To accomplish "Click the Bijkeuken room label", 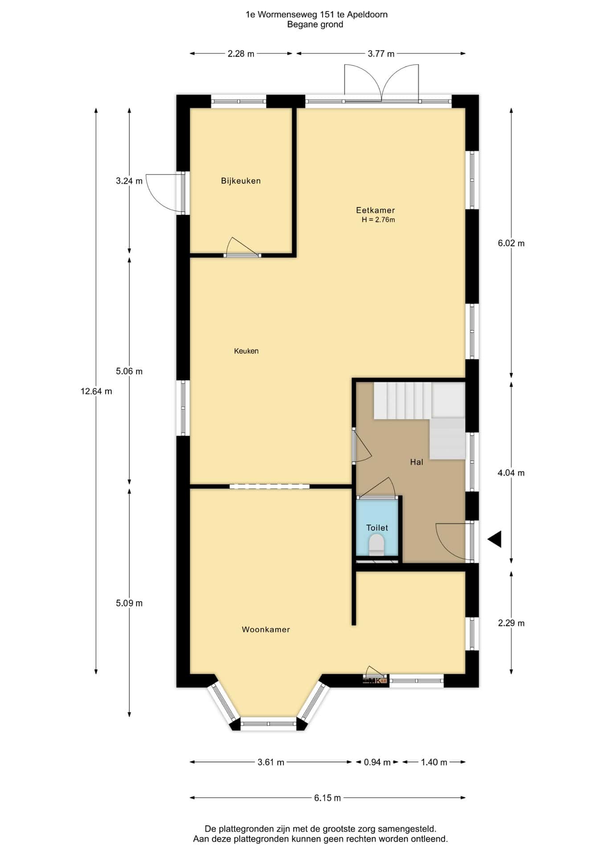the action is pos(241,181).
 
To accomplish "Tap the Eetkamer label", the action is pos(375,210).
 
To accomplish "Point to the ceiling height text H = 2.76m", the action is pos(378,220).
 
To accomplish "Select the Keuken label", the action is pos(246,351).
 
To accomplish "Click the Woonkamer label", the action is pos(266,629).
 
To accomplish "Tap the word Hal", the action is pos(417,462).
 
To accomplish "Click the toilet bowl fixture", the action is pos(377,544).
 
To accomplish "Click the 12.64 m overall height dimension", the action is pos(96,391).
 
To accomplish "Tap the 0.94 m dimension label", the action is pos(377,762).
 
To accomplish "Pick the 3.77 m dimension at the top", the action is pos(381,54).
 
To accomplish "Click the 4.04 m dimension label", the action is pos(511,473).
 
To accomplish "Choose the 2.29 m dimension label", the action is pos(511,623).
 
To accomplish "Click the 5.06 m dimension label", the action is pos(129,371).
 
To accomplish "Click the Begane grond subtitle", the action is pos(315,24).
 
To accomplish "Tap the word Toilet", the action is pos(377,528).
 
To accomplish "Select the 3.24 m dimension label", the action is pos(129,181).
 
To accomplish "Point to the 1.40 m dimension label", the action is pos(434,762).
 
